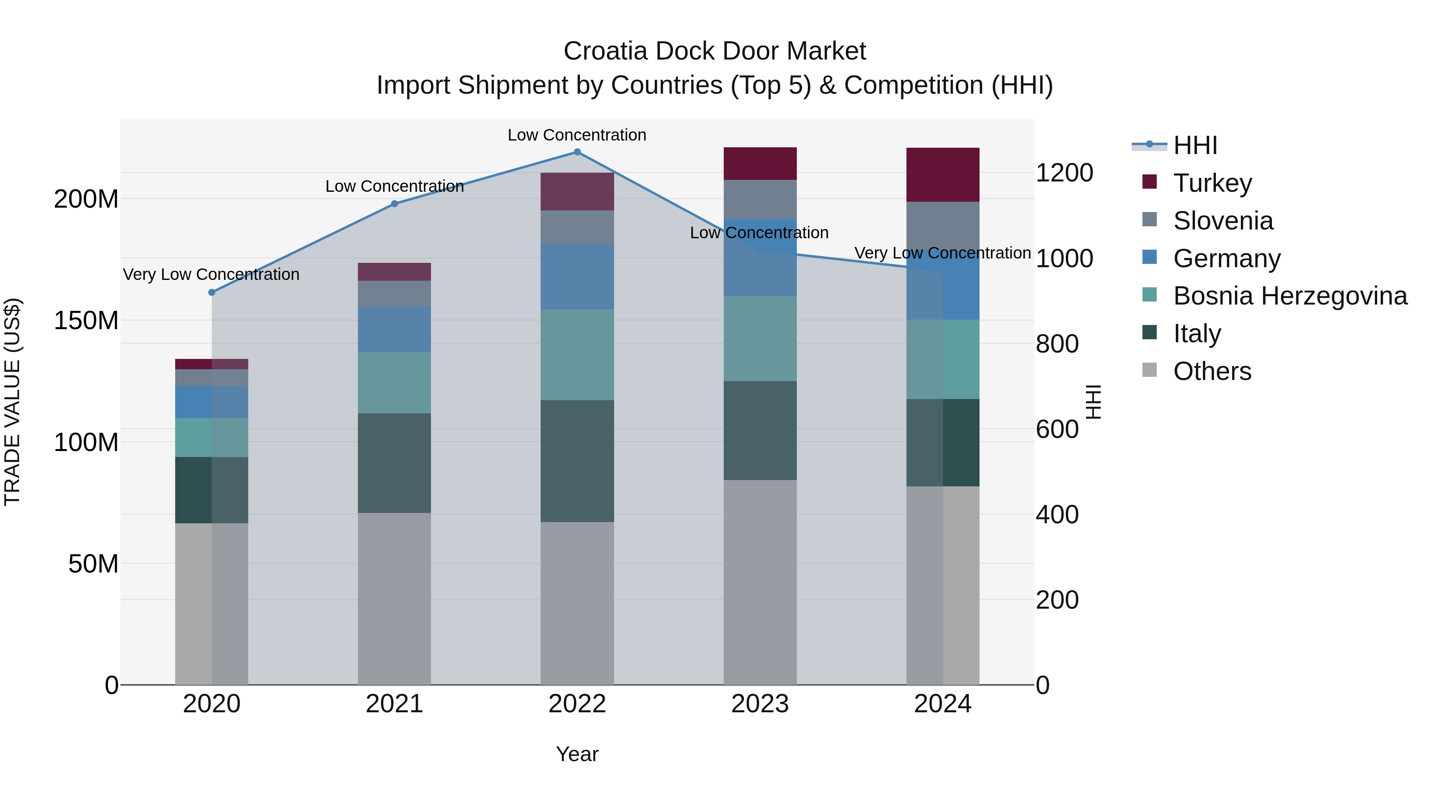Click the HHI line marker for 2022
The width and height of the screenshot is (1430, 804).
[x=577, y=152]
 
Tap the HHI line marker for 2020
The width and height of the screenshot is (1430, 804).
[x=211, y=292]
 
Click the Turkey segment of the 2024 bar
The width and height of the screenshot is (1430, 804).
[x=943, y=174]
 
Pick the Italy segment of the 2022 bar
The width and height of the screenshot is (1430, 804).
[x=577, y=461]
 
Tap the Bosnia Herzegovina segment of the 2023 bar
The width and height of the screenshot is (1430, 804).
[x=759, y=338]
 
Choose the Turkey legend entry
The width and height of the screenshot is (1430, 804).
[x=1212, y=183]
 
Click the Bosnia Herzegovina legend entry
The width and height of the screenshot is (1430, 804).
[x=1289, y=296]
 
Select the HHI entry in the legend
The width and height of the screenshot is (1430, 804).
[x=1194, y=145]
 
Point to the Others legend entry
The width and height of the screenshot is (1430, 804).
[x=1212, y=371]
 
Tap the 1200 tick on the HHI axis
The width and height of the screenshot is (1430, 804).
[x=1064, y=173]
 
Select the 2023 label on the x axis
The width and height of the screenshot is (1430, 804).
[x=759, y=704]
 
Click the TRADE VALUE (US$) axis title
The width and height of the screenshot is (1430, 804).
[x=12, y=402]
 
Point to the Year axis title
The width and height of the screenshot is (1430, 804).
[x=577, y=754]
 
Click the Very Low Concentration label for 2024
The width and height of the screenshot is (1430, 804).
[x=942, y=253]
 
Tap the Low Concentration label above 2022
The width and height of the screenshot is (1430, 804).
[x=577, y=135]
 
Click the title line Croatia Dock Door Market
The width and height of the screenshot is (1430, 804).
[x=715, y=51]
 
